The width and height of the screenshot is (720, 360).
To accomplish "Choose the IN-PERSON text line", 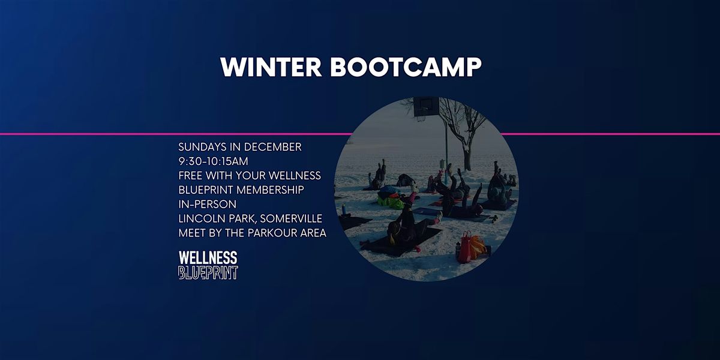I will [x=207, y=204].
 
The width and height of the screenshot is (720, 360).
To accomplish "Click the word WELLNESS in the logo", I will [x=208, y=258].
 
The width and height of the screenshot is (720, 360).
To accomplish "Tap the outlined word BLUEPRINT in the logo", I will [x=208, y=272].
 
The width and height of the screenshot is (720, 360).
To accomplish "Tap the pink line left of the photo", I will [x=174, y=134].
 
